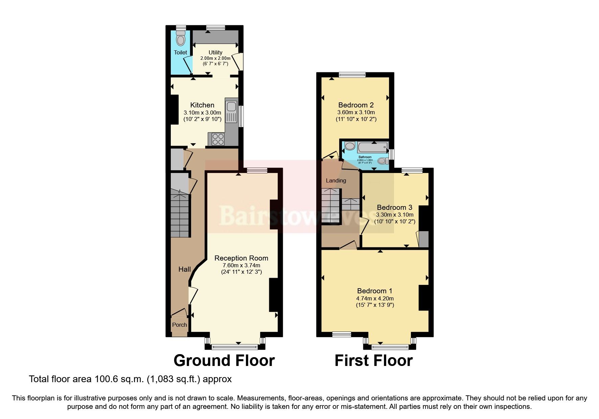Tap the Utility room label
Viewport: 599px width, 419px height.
[215, 52]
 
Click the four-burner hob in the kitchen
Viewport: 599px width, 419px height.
[218, 139]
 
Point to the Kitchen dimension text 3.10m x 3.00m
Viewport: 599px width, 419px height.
[202, 113]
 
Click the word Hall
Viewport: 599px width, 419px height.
[185, 269]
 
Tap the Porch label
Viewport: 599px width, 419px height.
[179, 325]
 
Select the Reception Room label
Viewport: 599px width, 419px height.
[241, 258]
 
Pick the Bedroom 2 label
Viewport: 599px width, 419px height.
[356, 105]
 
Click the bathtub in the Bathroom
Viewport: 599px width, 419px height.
[372, 148]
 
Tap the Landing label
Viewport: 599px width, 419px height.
[336, 180]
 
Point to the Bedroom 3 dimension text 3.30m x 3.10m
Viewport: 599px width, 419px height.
[395, 215]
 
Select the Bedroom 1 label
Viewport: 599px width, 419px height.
[375, 291]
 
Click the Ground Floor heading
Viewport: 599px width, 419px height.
[224, 361]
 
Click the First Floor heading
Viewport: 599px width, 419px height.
[373, 361]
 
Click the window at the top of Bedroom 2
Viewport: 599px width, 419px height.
[352, 75]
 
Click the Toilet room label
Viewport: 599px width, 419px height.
[180, 52]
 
